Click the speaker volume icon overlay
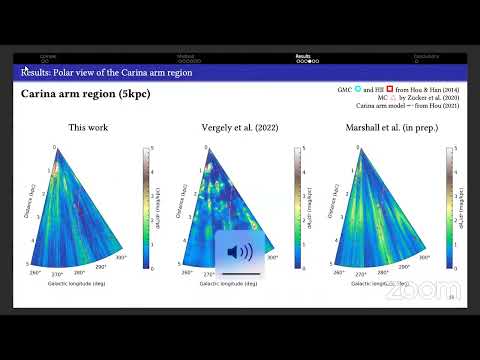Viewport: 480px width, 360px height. [x=240, y=250]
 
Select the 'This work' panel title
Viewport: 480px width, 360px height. [x=89, y=128]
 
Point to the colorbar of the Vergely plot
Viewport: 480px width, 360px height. [x=296, y=207]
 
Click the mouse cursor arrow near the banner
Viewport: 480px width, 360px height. [x=26, y=69]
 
